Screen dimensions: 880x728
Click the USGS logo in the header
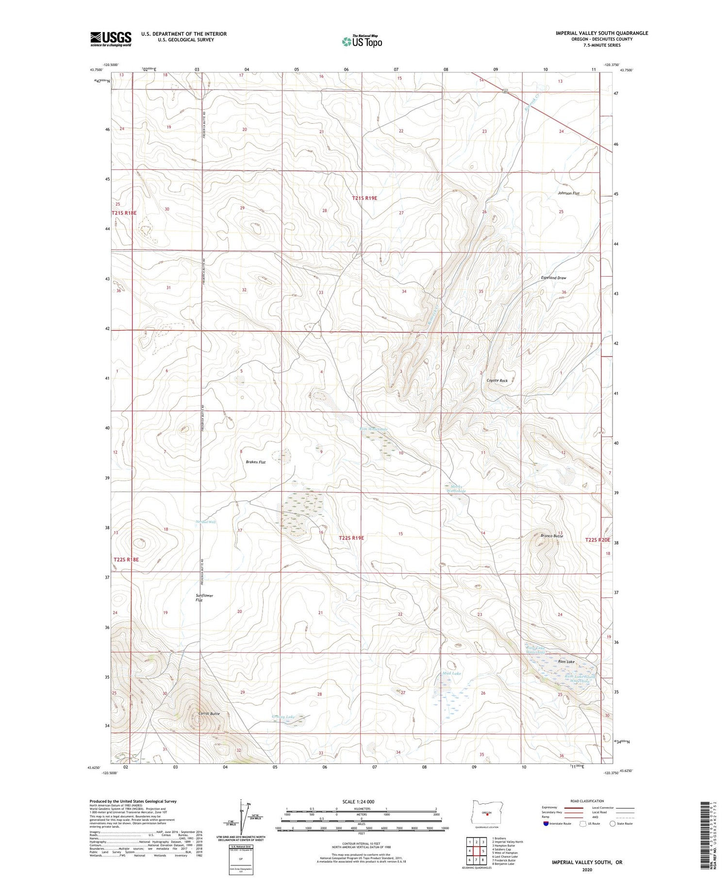[x=111, y=39]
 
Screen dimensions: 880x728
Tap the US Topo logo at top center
[x=362, y=42]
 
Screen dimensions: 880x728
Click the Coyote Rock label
[x=497, y=381]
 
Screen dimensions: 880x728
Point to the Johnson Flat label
[x=568, y=193]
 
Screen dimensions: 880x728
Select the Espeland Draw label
[x=553, y=278]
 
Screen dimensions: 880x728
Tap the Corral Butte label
[x=209, y=714]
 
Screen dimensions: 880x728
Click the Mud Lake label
[x=451, y=673]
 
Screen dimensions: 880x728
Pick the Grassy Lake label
[x=283, y=716]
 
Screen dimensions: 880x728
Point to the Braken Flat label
[x=255, y=462]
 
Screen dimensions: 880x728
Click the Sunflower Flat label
[x=204, y=598]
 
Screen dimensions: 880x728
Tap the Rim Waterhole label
[x=374, y=429]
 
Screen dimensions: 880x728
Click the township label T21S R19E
[x=364, y=198]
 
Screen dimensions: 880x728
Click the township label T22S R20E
[x=597, y=540]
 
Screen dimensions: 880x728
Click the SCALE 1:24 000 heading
[x=361, y=801]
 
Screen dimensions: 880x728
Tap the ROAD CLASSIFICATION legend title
[x=587, y=801]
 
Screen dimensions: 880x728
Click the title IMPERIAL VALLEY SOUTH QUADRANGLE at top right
[x=602, y=33]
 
